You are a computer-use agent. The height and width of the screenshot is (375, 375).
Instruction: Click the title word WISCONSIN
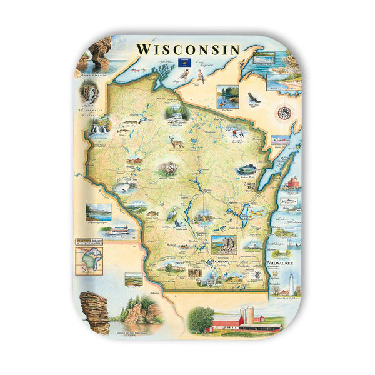point(187,49)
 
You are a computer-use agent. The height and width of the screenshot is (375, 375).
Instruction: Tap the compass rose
point(284,113)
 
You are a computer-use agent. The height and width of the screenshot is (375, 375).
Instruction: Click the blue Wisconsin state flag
point(184,62)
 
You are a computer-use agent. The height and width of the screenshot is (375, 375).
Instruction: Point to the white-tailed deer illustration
point(176,143)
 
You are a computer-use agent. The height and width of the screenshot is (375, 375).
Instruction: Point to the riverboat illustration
point(117,230)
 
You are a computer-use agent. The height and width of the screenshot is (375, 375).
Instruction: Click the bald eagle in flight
point(252,97)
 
